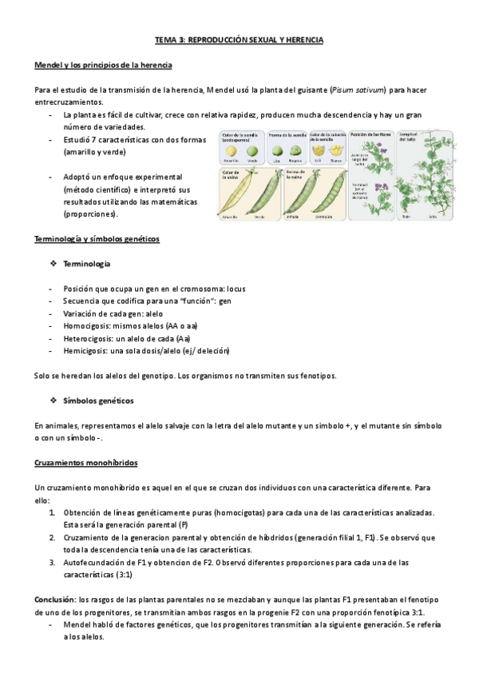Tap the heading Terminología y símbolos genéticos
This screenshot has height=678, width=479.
click(x=97, y=238)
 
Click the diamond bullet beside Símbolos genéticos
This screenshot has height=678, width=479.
click(x=53, y=400)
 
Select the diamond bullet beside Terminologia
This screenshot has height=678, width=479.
click(x=53, y=263)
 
